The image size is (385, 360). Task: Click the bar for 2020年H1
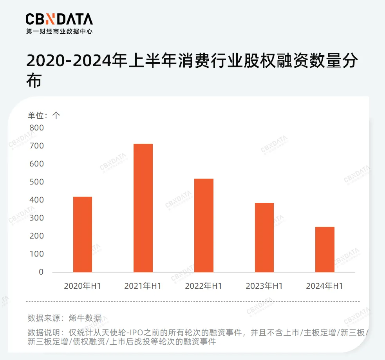coord(83,234)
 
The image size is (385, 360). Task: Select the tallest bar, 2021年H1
coord(143,208)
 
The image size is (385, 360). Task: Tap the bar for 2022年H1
coord(204,225)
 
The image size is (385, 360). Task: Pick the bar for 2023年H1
coord(264,237)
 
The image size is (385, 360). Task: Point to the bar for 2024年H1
coord(325,249)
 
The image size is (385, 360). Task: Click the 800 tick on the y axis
coord(36,128)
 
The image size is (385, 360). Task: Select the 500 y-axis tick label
coord(36,182)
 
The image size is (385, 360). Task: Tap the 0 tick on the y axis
coord(41,272)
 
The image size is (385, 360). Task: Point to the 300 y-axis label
coord(36,218)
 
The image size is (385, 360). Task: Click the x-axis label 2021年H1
coord(143,286)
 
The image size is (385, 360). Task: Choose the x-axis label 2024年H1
coord(325,286)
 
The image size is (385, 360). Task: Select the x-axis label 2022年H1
coord(204,286)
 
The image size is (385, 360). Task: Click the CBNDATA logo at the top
coord(59,19)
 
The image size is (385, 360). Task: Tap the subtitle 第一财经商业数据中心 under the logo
coord(59,31)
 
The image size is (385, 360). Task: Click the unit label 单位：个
coord(44,115)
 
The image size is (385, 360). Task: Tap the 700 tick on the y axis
coord(36,146)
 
